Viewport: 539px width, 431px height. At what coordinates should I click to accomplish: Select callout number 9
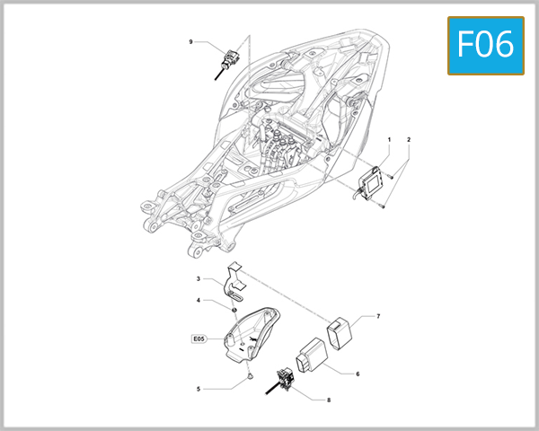190,42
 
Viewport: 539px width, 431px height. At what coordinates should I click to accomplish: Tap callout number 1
389,140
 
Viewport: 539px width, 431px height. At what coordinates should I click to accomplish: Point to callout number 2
409,140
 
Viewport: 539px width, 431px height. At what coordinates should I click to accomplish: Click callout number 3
198,280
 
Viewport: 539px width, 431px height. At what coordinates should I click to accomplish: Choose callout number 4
198,300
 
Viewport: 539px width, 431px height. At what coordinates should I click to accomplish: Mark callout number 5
198,389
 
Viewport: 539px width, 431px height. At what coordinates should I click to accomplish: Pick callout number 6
357,374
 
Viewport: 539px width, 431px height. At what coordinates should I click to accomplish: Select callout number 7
378,317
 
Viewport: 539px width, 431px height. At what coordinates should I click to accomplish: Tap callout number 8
329,400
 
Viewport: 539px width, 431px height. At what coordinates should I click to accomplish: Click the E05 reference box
199,339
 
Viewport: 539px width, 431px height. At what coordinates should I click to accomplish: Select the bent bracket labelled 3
234,280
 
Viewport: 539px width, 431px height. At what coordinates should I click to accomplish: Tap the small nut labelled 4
234,310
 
